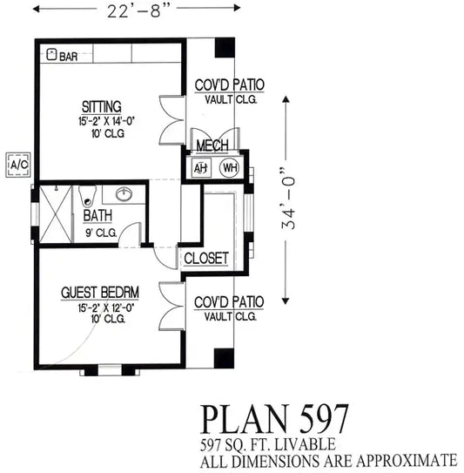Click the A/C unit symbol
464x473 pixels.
tap(18, 165)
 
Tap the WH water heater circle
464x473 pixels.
tap(230, 167)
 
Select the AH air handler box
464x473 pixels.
tap(201, 168)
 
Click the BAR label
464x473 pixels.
tap(69, 57)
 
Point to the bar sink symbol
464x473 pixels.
tap(51, 54)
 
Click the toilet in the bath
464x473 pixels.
tap(87, 196)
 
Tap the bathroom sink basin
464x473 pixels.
tap(124, 193)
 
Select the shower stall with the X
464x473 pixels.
tap(56, 214)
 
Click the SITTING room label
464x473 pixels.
tap(102, 107)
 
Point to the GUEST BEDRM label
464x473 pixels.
tap(100, 293)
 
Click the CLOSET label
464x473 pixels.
tap(206, 259)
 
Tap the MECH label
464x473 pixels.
tap(212, 145)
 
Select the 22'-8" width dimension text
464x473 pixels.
tap(137, 11)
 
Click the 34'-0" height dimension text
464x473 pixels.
tap(288, 198)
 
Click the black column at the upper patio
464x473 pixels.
tap(225, 47)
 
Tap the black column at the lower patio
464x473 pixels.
tap(224, 358)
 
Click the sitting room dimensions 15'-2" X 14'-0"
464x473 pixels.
tap(106, 121)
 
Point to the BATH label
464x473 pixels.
tap(98, 216)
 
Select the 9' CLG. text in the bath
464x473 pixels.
tap(101, 233)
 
